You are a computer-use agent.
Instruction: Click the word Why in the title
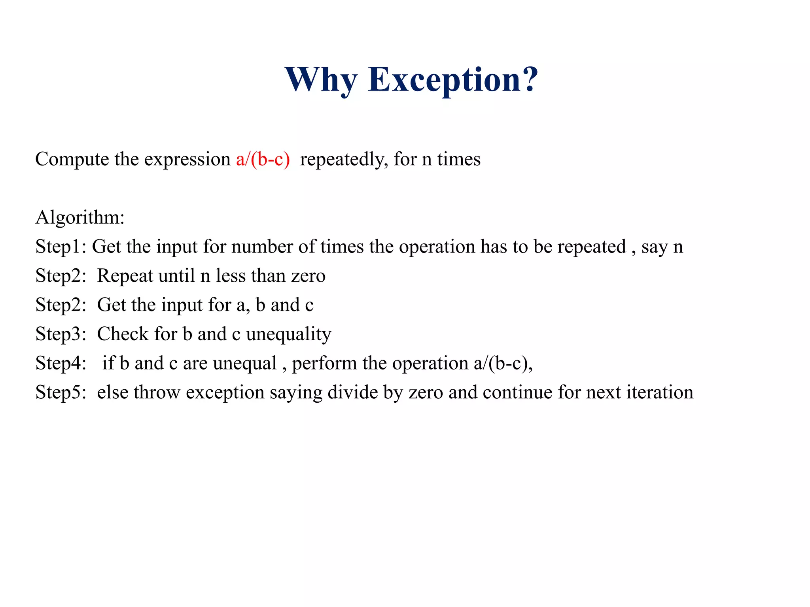(321, 80)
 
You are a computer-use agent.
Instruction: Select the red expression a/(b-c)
(263, 159)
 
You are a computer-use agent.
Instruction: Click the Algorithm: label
(80, 218)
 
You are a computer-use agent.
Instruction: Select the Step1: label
(61, 247)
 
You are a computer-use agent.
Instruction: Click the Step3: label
(61, 334)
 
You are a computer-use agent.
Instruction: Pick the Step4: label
(61, 364)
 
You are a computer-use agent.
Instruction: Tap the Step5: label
(61, 393)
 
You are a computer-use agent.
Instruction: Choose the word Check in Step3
(123, 334)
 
